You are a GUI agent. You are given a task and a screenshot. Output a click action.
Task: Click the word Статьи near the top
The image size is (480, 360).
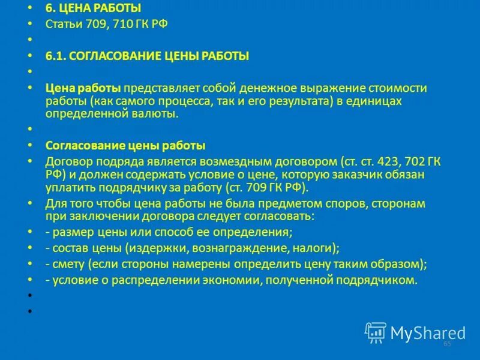pyautogui.click(x=61, y=24)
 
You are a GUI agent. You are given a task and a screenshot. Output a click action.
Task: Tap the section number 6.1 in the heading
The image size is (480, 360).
pyautogui.click(x=55, y=56)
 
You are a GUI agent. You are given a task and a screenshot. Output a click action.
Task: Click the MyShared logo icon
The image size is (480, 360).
pyautogui.click(x=376, y=332)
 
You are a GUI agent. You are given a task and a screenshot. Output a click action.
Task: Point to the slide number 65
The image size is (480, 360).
pyautogui.click(x=447, y=344)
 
